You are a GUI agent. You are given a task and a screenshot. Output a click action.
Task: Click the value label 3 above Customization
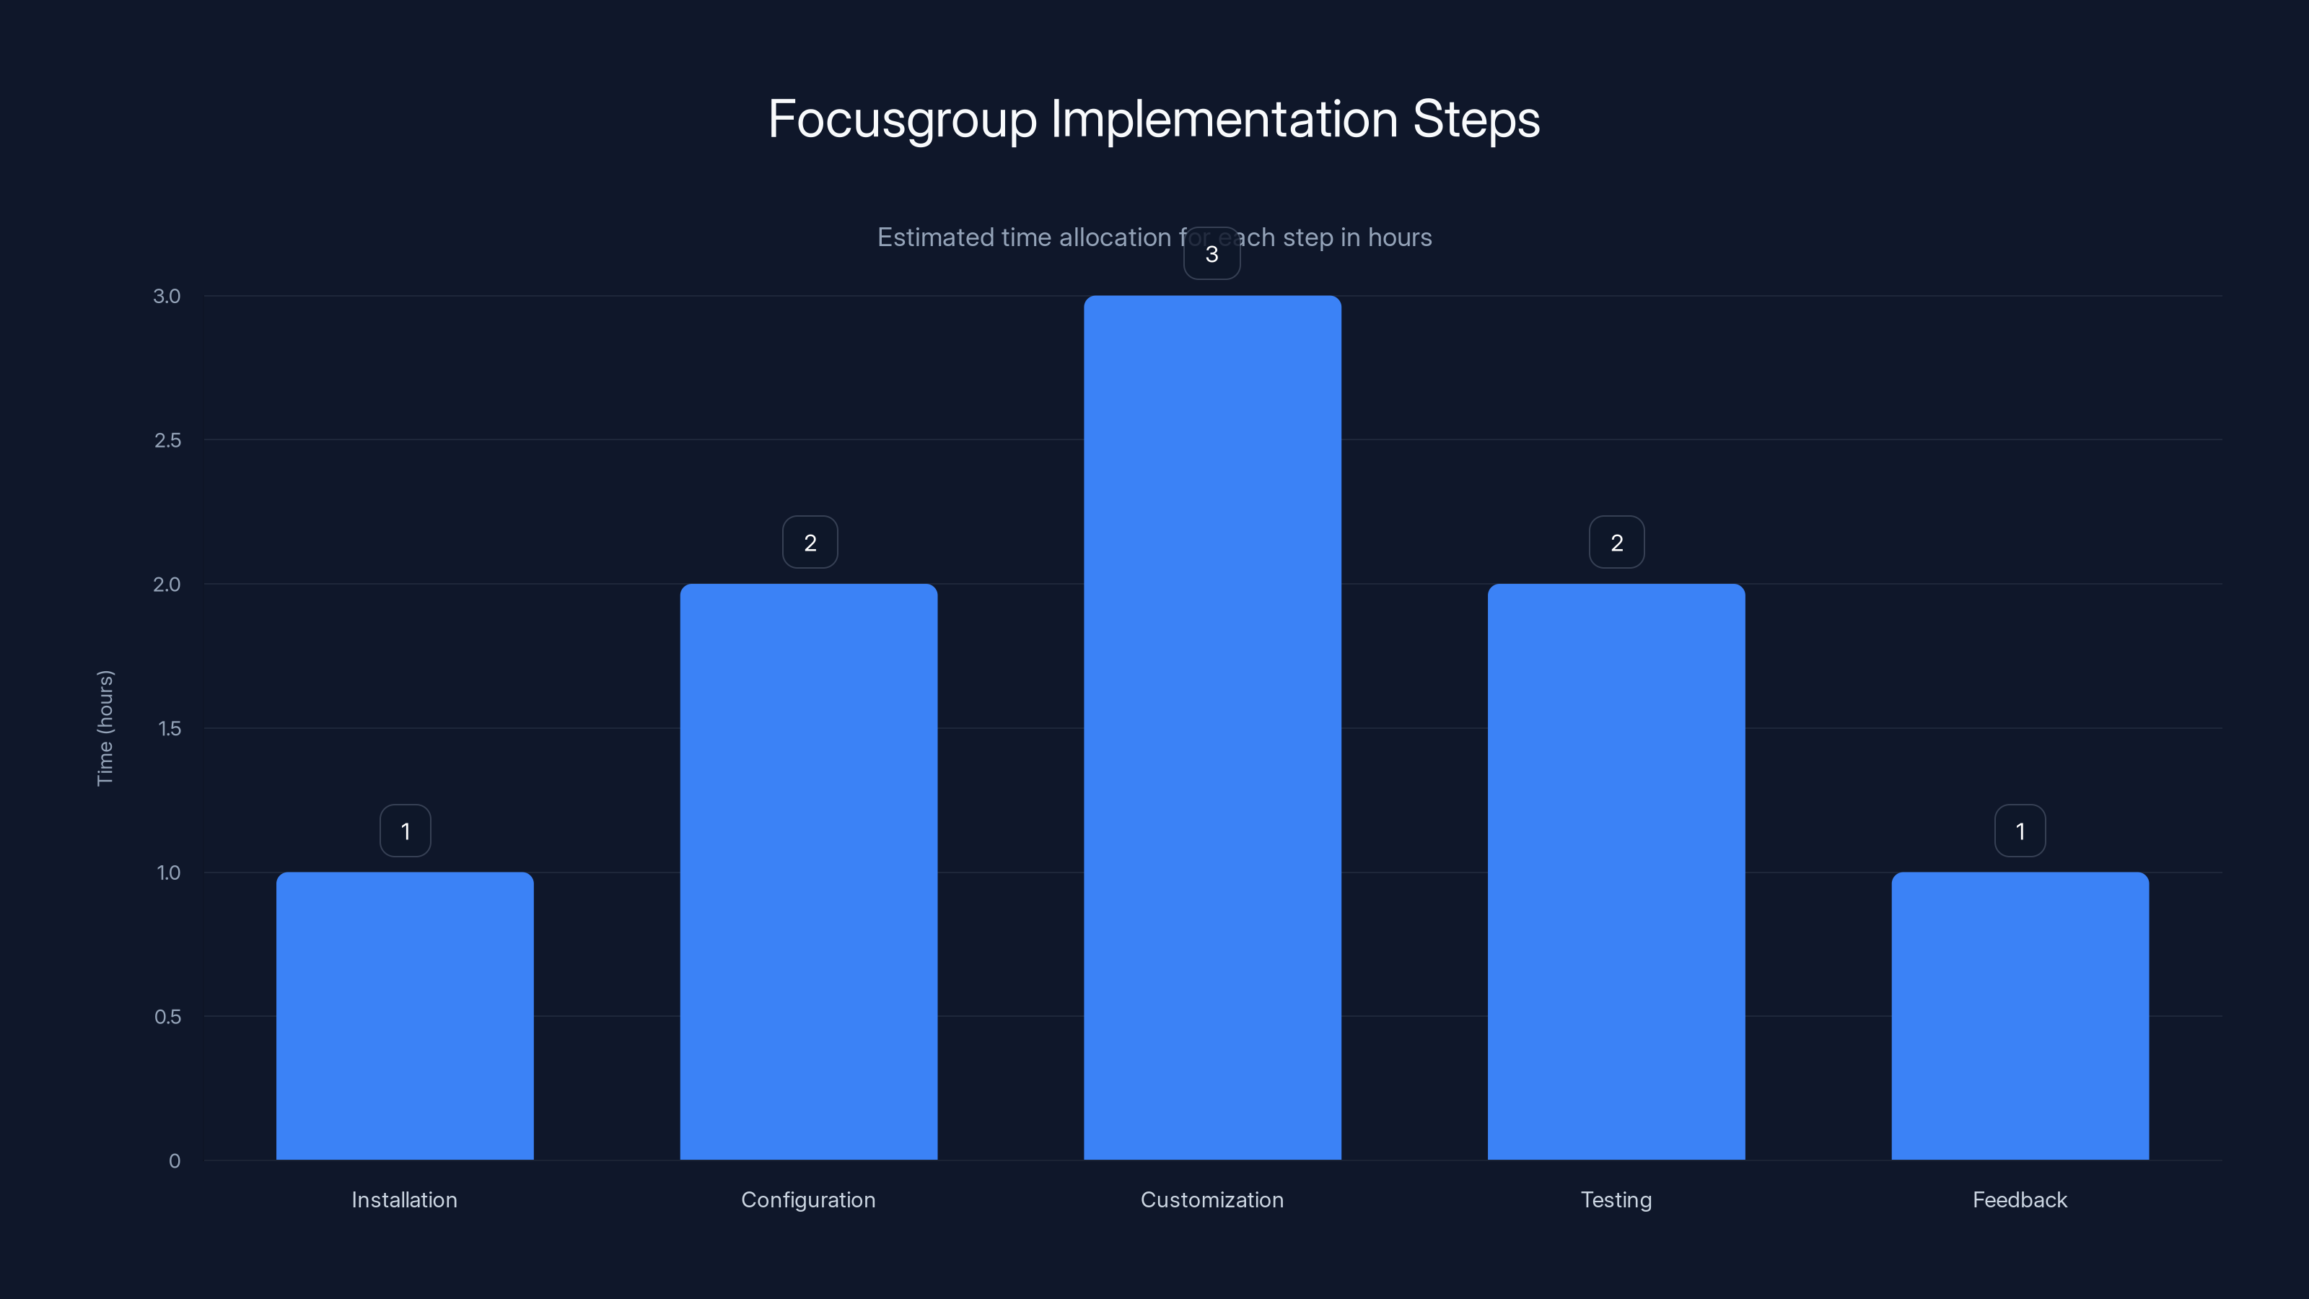point(1212,255)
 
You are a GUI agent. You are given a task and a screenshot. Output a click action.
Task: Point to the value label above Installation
point(405,831)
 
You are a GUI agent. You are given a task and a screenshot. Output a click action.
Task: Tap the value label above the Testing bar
point(1616,543)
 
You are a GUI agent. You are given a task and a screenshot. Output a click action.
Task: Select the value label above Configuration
point(810,543)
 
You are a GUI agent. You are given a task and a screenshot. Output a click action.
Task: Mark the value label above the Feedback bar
point(2020,831)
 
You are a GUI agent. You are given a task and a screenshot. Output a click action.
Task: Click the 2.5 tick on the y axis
point(167,440)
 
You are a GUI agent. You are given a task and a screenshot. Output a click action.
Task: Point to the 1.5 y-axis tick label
point(169,729)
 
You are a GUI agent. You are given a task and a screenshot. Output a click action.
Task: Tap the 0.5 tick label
point(167,1017)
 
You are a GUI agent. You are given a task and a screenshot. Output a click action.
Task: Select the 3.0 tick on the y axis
point(167,296)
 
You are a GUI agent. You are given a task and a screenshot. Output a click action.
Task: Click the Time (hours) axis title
point(105,728)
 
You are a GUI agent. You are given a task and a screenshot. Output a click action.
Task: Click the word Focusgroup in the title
point(902,119)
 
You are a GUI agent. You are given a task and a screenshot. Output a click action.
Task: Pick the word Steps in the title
point(1476,119)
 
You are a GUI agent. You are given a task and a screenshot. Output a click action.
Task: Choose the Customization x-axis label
point(1212,1199)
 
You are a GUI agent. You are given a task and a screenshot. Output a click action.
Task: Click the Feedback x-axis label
point(2020,1199)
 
